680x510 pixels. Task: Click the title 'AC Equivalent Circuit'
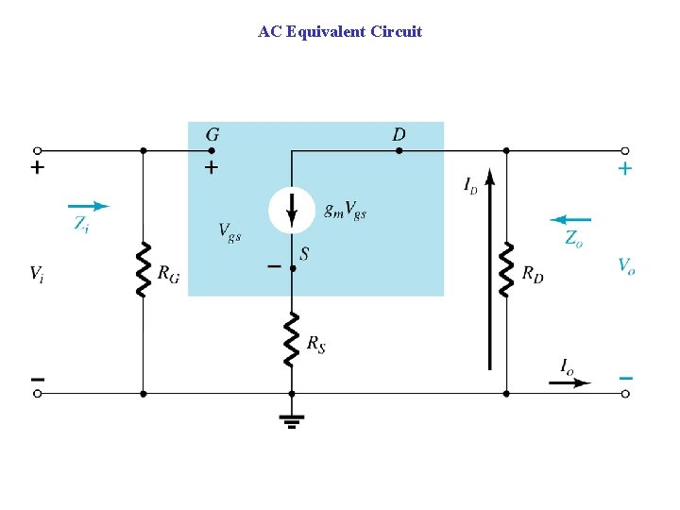point(340,32)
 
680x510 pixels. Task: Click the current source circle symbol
point(292,210)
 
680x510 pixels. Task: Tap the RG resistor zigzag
point(143,269)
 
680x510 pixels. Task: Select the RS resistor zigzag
point(292,341)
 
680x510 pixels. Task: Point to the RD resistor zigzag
point(506,269)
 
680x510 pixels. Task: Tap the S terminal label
point(304,253)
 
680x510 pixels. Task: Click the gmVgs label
point(345,210)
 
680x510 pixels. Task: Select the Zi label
point(82,224)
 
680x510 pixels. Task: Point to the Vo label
point(626,265)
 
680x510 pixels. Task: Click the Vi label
point(36,274)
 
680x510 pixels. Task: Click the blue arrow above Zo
point(570,219)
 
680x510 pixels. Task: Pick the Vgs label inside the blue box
point(229,230)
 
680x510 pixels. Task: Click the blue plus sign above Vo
point(625,169)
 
